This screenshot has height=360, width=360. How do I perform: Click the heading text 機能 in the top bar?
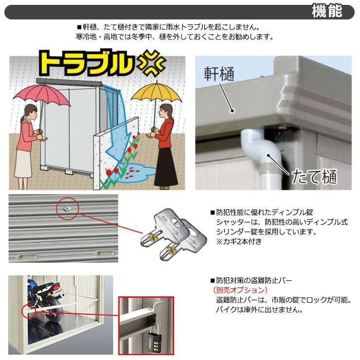[327, 11]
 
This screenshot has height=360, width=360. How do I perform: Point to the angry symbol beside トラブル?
[151, 64]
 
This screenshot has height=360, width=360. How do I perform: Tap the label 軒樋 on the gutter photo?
[219, 74]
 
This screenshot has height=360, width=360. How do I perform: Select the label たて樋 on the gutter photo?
[314, 176]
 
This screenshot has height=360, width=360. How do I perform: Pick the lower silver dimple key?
[184, 241]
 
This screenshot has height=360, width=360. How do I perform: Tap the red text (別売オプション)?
[240, 290]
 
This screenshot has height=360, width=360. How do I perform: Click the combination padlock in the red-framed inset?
[153, 336]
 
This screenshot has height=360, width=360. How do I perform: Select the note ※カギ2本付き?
[239, 241]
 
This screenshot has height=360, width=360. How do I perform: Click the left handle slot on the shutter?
[28, 255]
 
